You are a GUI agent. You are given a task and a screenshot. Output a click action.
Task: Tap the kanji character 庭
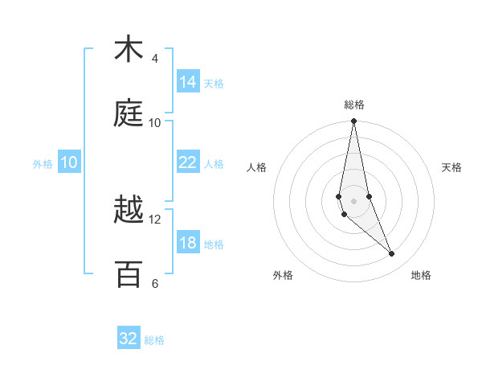[129, 114]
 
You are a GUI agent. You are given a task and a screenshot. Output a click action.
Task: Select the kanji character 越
[129, 212]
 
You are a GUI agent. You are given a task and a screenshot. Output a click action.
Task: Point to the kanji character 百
[129, 274]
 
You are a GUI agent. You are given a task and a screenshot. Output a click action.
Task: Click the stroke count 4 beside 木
[155, 59]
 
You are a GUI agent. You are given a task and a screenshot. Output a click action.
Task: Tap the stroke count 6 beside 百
[155, 283]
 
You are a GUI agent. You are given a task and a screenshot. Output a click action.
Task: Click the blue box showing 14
[188, 82]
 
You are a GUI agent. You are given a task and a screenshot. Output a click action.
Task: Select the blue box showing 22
[188, 162]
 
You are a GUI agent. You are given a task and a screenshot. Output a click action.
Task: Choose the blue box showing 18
[188, 243]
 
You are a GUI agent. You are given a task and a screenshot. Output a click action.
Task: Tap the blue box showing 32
[129, 339]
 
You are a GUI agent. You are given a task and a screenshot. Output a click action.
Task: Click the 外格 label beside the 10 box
[43, 163]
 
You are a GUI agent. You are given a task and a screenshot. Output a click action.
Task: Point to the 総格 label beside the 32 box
[154, 340]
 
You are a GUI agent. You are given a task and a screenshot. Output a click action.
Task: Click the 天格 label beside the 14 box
[214, 84]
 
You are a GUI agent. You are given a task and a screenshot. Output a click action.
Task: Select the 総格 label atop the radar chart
[354, 105]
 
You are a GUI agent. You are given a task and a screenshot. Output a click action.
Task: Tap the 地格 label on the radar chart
[421, 275]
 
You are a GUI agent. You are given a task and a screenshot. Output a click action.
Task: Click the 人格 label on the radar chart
[257, 167]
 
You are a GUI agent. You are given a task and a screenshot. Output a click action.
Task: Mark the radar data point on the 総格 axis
[353, 121]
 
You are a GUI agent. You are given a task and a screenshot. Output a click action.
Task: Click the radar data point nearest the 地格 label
[392, 254]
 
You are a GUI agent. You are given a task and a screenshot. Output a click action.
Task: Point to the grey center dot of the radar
[353, 200]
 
